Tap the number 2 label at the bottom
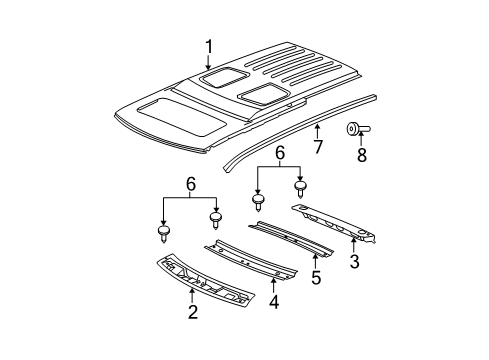(x=192, y=314)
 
